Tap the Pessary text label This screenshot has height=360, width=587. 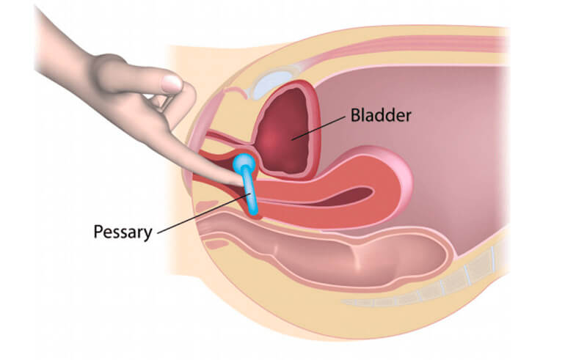pyautogui.click(x=123, y=232)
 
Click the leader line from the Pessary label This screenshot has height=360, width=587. pyautogui.click(x=202, y=213)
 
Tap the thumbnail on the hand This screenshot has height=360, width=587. pyautogui.click(x=172, y=83)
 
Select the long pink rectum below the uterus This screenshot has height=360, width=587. pyautogui.click(x=330, y=253)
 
